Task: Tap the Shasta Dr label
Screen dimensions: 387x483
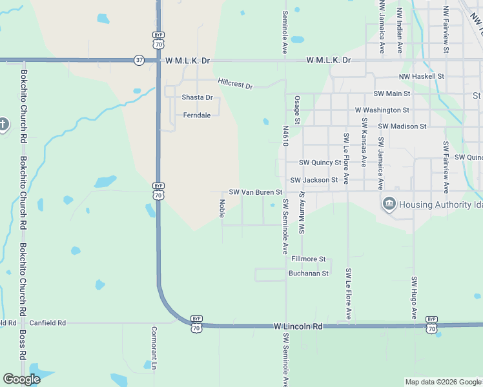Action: [x=197, y=97]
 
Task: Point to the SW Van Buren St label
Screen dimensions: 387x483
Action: [x=256, y=192]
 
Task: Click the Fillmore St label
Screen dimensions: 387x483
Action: [x=309, y=259]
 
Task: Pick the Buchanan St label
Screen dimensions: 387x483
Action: [x=309, y=273]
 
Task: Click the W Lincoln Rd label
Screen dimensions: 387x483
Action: [x=298, y=327]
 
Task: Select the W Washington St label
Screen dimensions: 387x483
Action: [x=382, y=110]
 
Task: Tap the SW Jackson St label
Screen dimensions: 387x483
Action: [x=314, y=180]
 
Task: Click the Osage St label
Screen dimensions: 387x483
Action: [x=298, y=110]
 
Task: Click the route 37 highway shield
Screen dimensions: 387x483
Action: [x=139, y=60]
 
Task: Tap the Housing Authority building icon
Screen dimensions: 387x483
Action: [x=389, y=204]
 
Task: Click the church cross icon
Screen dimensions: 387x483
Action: [x=3, y=124]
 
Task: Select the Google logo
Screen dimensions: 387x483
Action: [x=22, y=379]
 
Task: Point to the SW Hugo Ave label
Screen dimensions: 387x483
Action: [x=415, y=297]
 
